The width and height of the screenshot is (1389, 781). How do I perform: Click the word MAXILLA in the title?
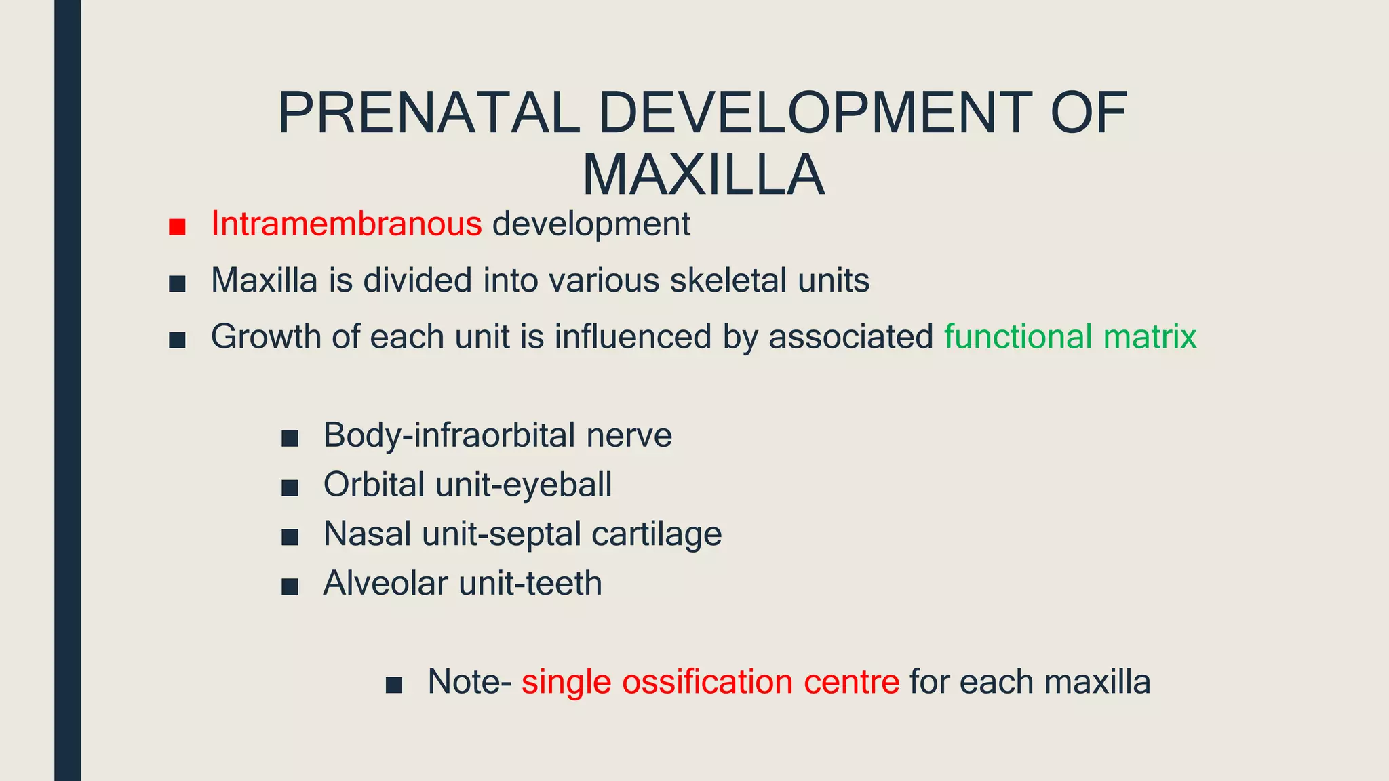coord(703,176)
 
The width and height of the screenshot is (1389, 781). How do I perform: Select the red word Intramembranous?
coord(346,224)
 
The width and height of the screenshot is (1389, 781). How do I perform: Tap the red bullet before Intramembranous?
coord(177,226)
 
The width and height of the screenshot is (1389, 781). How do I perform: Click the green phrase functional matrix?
coord(1070,337)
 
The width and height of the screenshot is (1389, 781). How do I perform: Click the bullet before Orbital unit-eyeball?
coord(290,487)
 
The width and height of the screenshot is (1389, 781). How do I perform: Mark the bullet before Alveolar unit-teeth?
coord(290,586)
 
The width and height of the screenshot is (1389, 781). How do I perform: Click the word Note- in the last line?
coord(469,682)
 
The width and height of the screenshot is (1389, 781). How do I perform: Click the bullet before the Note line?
coord(393,685)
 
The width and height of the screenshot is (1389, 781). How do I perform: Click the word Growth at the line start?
coord(265,337)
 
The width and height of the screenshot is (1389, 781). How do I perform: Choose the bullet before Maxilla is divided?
coord(177,283)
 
